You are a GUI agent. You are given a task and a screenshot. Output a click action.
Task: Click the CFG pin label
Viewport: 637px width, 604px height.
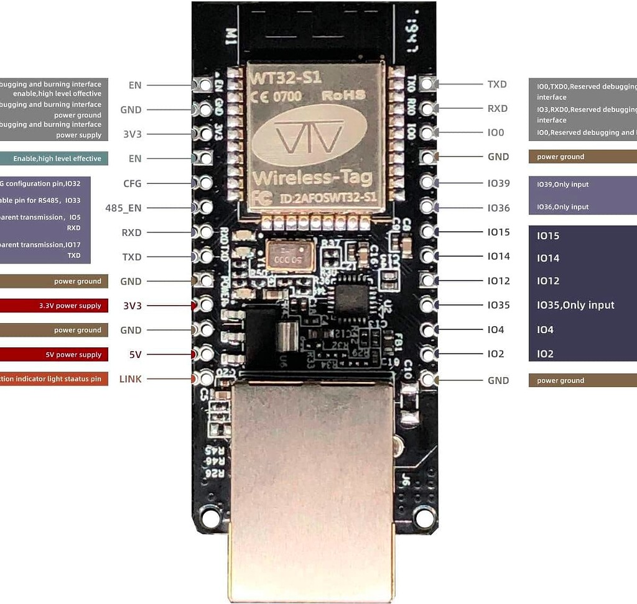[x=132, y=183]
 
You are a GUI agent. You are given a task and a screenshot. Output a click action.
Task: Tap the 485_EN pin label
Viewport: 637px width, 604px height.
[x=123, y=208]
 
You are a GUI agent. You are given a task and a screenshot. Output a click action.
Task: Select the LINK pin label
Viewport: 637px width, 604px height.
[x=130, y=379]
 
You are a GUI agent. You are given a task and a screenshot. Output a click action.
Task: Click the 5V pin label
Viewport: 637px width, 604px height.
[x=135, y=355]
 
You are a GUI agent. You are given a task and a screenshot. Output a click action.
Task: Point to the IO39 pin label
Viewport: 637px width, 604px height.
[x=498, y=183]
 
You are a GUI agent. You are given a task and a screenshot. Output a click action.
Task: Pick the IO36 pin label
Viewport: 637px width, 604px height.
[x=498, y=208]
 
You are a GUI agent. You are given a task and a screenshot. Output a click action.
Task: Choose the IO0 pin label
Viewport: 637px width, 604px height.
[x=496, y=132]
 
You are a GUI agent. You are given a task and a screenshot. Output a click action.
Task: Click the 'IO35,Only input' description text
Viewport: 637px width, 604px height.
[x=575, y=305]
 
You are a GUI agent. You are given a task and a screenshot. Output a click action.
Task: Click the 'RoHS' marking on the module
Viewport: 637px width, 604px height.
[x=340, y=96]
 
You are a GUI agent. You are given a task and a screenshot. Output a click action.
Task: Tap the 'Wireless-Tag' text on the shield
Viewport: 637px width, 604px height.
[x=312, y=178]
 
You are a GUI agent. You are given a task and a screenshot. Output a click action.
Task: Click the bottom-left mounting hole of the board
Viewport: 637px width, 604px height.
[x=208, y=516]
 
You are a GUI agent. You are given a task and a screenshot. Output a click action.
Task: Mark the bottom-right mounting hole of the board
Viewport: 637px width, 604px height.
[x=425, y=516]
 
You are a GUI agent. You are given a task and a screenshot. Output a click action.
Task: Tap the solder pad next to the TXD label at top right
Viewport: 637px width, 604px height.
[x=427, y=84]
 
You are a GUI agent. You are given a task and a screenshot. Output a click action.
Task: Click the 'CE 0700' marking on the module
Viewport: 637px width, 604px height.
[x=276, y=96]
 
